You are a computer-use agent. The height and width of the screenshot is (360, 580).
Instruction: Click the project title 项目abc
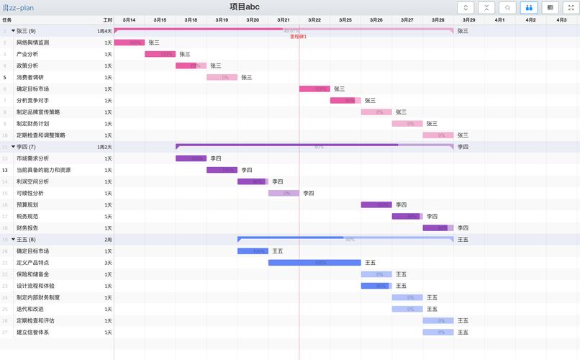(x=245, y=7)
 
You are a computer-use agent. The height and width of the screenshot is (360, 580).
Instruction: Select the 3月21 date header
(x=284, y=20)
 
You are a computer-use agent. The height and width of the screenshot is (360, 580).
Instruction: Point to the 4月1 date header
(x=499, y=20)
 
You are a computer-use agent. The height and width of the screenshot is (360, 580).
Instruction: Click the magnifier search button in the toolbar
(x=508, y=7)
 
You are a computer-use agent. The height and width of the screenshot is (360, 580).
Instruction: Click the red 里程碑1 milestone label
(x=298, y=36)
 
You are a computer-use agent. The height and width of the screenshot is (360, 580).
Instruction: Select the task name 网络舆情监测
(x=33, y=42)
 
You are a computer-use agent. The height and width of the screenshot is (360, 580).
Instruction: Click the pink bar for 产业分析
(x=160, y=54)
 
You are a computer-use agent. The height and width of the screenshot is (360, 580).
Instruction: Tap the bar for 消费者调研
(x=222, y=77)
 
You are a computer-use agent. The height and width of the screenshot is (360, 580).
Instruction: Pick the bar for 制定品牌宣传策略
(x=376, y=112)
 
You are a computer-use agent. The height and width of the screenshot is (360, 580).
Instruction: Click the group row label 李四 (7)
(x=26, y=147)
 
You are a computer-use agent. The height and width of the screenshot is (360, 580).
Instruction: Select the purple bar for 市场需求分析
(x=191, y=158)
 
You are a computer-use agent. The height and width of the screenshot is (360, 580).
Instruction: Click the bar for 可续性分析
(x=284, y=193)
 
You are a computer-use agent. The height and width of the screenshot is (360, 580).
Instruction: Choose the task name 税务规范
(x=27, y=216)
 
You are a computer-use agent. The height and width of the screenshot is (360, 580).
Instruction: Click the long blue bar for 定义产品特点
(x=314, y=263)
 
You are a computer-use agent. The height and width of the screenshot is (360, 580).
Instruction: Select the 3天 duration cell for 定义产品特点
(x=108, y=263)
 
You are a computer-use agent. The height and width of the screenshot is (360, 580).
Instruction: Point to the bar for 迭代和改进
(x=407, y=309)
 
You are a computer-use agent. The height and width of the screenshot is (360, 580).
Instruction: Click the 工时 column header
(x=107, y=20)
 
